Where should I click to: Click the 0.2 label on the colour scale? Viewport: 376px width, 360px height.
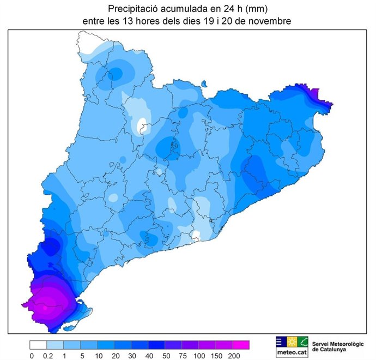47,356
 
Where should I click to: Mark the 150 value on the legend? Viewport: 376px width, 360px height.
216,356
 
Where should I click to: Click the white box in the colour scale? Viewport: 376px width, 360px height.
38,345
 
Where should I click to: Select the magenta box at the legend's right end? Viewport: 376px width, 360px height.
241,345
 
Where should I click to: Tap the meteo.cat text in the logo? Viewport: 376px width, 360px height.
292,352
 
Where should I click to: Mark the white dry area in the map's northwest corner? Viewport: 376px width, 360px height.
87,44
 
